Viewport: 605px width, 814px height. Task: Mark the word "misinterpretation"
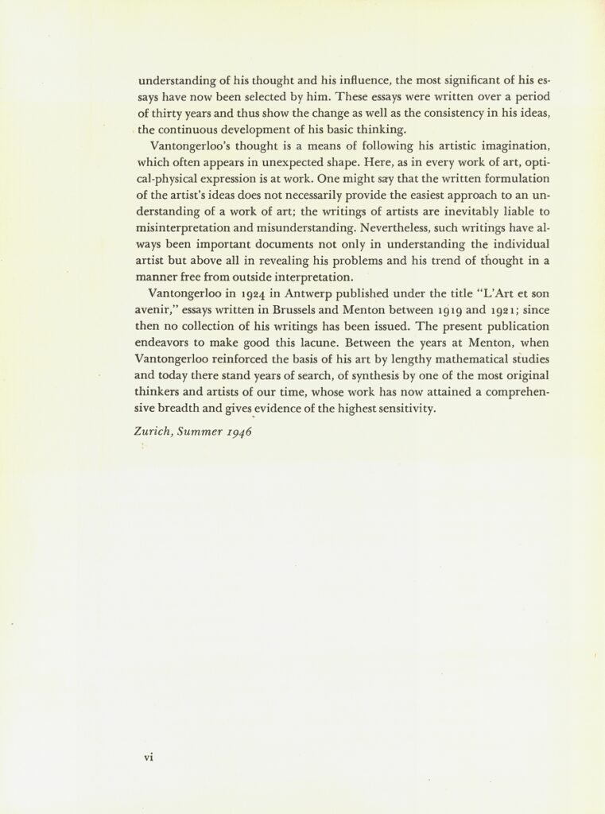189,229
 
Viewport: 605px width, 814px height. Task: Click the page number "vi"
148,757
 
